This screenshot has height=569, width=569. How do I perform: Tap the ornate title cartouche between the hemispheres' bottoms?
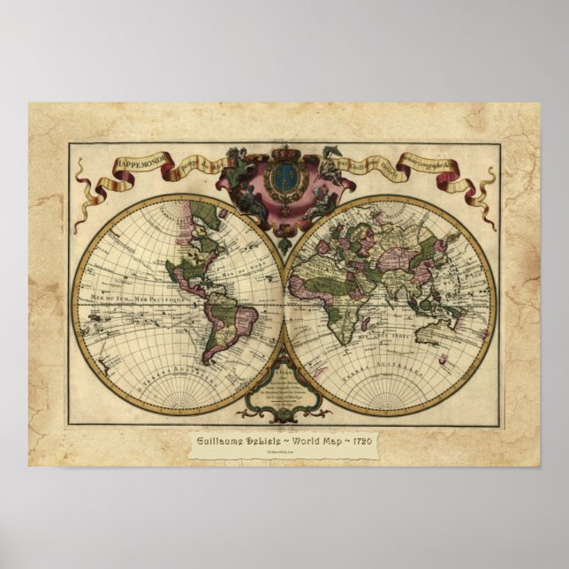pos(285,389)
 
